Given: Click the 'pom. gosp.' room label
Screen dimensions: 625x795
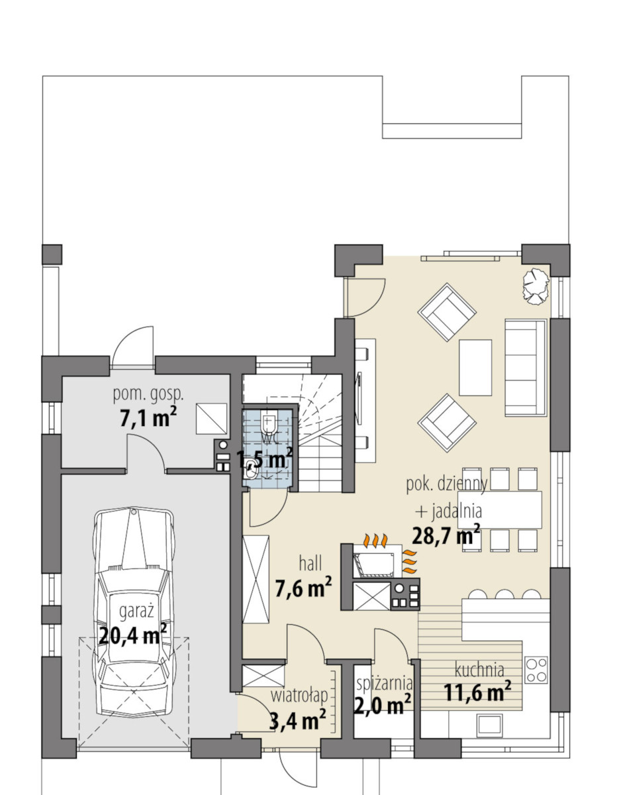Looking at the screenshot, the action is [148, 396].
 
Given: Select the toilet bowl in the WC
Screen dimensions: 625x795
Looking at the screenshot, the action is [268, 423].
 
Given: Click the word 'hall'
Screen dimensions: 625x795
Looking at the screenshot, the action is [311, 563].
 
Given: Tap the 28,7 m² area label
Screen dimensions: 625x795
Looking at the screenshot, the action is [446, 536].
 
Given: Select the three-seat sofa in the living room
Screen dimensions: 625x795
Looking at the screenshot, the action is [526, 368].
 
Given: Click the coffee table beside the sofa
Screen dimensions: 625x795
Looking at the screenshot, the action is [475, 367].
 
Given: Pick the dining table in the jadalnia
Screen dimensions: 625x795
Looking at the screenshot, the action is [499, 510].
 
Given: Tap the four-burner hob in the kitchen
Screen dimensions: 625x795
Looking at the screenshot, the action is [536, 670].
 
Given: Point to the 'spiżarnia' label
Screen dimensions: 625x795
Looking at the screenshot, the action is [384, 682].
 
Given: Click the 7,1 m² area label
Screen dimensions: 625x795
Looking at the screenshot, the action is [148, 417].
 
